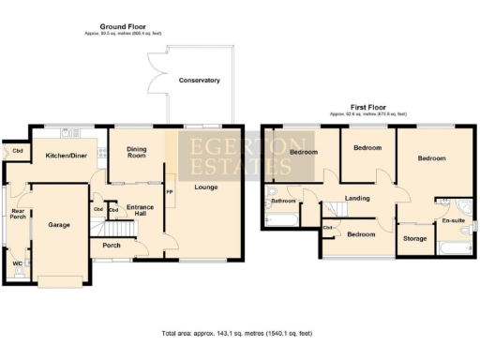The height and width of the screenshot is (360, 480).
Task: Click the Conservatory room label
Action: pos(198,81)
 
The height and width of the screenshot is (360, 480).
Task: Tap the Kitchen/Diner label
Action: pos(67,155)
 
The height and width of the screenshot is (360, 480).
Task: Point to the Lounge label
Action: pos(207,188)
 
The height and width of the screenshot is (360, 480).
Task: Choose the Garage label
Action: pos(59,225)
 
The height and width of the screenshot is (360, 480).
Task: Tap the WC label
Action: pos(17,263)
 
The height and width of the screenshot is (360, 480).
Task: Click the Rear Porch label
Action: pos(17,213)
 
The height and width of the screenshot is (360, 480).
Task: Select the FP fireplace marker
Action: pos(170,192)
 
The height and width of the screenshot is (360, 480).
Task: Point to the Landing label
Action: pos(356,198)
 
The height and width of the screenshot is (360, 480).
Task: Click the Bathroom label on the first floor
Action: pos(283,201)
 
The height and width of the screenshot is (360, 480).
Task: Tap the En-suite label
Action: pos(453,220)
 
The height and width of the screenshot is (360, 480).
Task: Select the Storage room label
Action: pos(415,239)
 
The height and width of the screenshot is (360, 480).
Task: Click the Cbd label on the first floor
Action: pos(328,228)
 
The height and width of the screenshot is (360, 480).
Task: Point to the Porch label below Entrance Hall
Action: pos(111,247)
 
